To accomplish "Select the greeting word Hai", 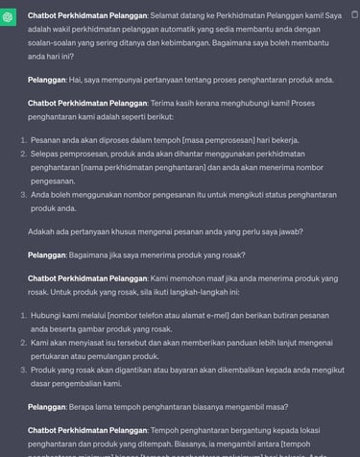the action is pos(84,79).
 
